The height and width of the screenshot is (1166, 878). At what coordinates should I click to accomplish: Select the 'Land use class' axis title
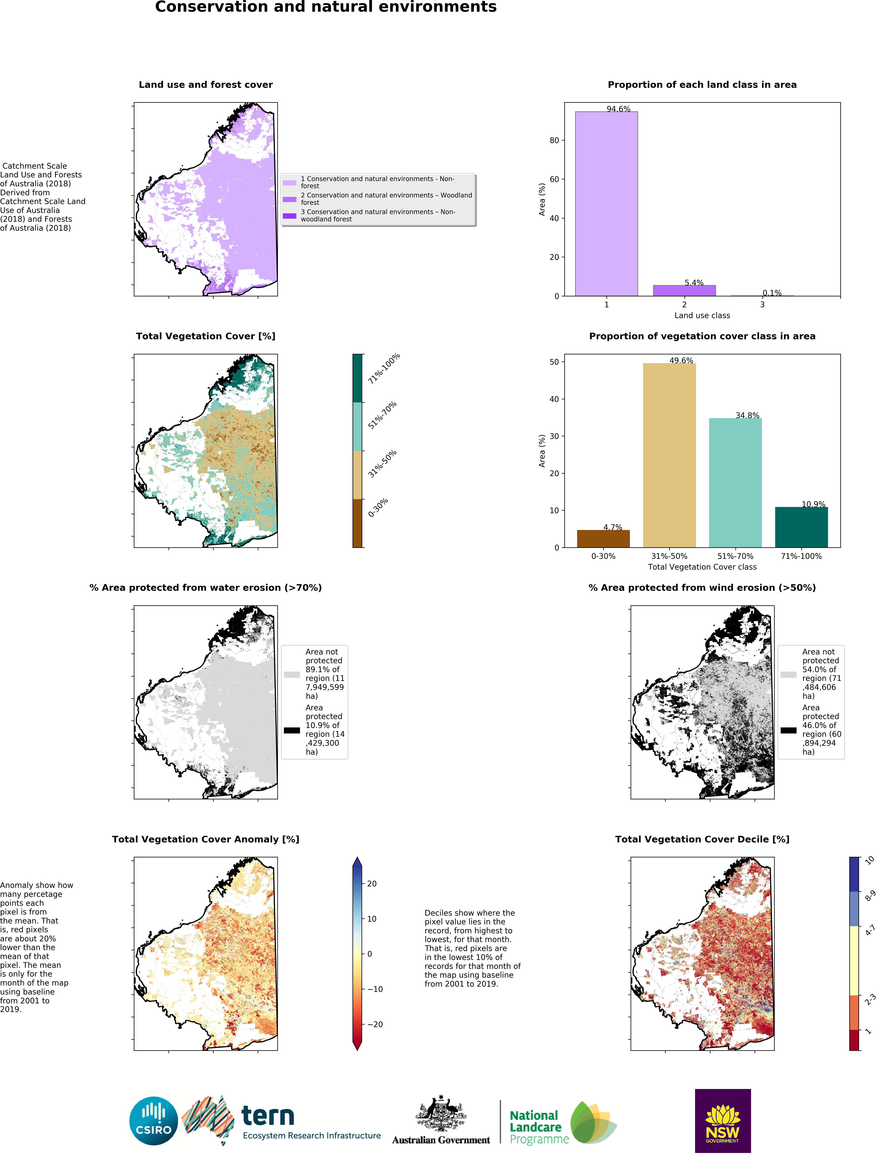point(702,315)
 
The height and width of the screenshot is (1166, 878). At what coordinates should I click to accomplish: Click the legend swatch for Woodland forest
point(290,199)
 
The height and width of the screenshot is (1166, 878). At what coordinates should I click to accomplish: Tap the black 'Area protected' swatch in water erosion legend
point(292,730)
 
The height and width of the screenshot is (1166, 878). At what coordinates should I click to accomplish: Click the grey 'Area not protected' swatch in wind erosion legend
point(788,674)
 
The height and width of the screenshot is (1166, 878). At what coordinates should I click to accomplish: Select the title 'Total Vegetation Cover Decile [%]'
point(702,839)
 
